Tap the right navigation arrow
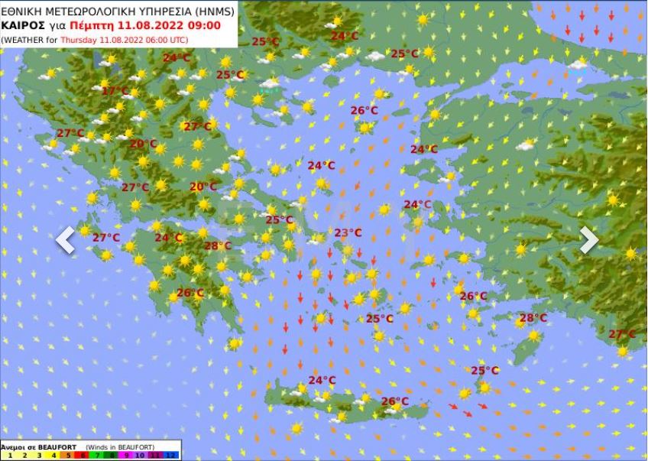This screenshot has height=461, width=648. (588, 240)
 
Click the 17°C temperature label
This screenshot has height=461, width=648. (115, 91)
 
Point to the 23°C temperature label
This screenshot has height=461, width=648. (348, 233)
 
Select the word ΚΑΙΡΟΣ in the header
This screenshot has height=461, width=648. (18, 25)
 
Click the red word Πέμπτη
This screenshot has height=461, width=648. (82, 25)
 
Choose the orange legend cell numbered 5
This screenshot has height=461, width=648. (68, 456)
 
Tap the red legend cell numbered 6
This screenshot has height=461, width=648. (83, 456)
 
